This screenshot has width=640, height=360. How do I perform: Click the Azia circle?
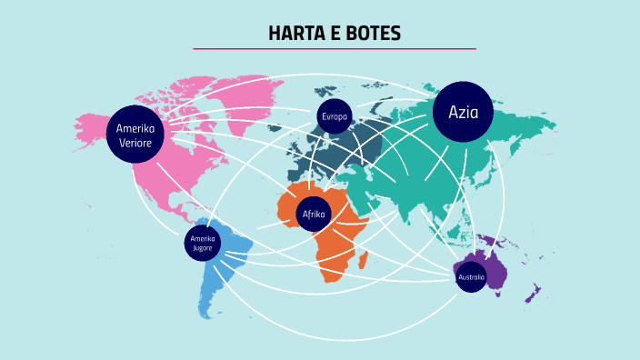click(463, 113)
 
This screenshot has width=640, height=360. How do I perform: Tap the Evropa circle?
click(334, 116)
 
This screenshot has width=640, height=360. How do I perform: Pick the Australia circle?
click(471, 276)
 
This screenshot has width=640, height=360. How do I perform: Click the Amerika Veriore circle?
click(135, 134)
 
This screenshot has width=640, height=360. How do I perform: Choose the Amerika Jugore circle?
click(203, 243)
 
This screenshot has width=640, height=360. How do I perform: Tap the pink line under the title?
click(334, 48)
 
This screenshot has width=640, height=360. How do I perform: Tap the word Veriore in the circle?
click(135, 142)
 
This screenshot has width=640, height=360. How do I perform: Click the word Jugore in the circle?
click(203, 247)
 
